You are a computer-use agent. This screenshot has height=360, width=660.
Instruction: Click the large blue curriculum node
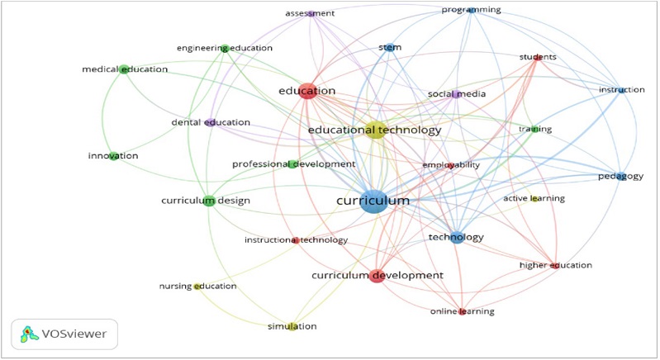click(x=374, y=201)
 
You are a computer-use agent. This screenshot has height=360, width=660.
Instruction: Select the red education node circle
click(x=308, y=91)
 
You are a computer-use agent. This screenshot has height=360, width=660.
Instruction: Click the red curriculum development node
click(x=377, y=276)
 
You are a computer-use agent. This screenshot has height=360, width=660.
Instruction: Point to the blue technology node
click(x=456, y=238)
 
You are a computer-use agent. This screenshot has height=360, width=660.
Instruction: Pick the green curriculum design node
click(x=209, y=201)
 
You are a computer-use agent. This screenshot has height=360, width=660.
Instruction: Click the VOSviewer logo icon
click(x=31, y=334)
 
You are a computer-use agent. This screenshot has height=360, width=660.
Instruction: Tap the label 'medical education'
click(x=125, y=69)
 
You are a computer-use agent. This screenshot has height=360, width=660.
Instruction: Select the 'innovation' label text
click(x=113, y=156)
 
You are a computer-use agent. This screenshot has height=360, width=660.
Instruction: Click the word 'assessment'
click(x=310, y=14)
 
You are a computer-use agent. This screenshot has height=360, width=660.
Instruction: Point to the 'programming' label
click(x=471, y=10)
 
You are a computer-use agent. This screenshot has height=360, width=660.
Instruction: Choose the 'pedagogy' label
click(x=620, y=176)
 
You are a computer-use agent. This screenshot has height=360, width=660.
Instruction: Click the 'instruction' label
click(x=622, y=89)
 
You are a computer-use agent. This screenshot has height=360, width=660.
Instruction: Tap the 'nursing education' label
click(x=197, y=287)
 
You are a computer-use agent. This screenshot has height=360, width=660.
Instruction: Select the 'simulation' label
click(x=292, y=326)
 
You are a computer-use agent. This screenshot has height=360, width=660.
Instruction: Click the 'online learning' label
click(x=462, y=311)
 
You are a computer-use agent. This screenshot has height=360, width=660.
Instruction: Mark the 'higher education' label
click(x=555, y=265)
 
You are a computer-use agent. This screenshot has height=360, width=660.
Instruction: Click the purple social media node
click(x=456, y=94)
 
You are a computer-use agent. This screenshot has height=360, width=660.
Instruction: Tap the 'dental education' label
click(x=210, y=123)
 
